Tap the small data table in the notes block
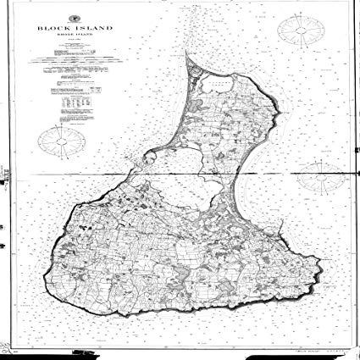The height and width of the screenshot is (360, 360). [x=77, y=101]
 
